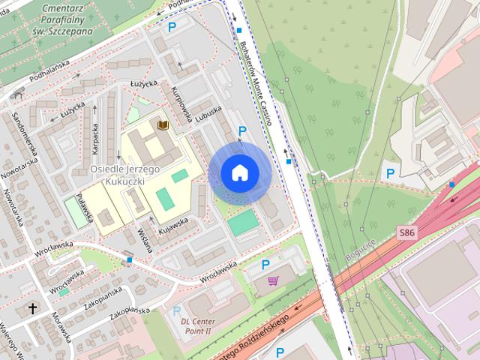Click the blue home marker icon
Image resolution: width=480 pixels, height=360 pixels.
tap(240, 172)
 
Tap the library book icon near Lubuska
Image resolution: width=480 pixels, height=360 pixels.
tap(163, 124)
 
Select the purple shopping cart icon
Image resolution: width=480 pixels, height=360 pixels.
tap(272, 280)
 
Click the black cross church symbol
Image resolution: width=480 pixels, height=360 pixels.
tap(32, 308)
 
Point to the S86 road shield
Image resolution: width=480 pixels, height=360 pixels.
tap(406, 233)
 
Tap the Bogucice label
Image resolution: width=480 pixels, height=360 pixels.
tap(361, 250)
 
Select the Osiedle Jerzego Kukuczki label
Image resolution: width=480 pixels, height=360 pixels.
tap(125, 175)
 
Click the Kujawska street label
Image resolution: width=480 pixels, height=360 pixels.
tap(172, 223)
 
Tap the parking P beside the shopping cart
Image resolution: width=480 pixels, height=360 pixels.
tap(265, 264)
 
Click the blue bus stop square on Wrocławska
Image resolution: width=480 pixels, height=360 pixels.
tap(130, 259)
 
